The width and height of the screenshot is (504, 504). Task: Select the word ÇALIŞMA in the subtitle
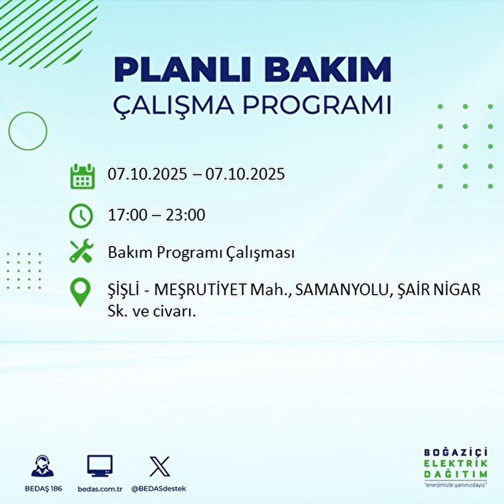coord(173,105)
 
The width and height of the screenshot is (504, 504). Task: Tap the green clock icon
coord(81,216)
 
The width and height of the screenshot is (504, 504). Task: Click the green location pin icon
coord(80,293)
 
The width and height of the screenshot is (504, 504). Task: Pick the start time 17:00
coord(128,215)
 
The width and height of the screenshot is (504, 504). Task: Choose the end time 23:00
coord(185,215)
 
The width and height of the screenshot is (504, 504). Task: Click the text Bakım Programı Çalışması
coord(201,253)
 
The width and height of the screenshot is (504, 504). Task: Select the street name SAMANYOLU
coord(343,290)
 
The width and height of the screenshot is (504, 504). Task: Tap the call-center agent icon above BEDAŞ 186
coord(42,466)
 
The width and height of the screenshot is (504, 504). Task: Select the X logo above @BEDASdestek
coord(160,466)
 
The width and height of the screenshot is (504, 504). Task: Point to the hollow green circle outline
coord(28,131)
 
